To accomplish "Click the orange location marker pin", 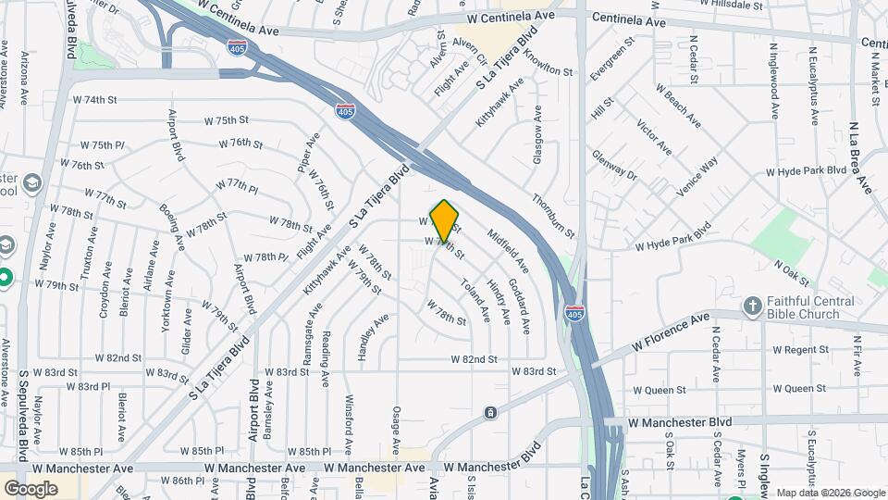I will tap(445, 219).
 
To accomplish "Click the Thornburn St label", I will tap(553, 214).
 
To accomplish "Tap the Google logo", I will tap(31, 488).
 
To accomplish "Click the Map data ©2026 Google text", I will tap(830, 493).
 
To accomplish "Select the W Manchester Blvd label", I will tap(680, 421).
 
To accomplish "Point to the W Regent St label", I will tap(800, 350).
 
